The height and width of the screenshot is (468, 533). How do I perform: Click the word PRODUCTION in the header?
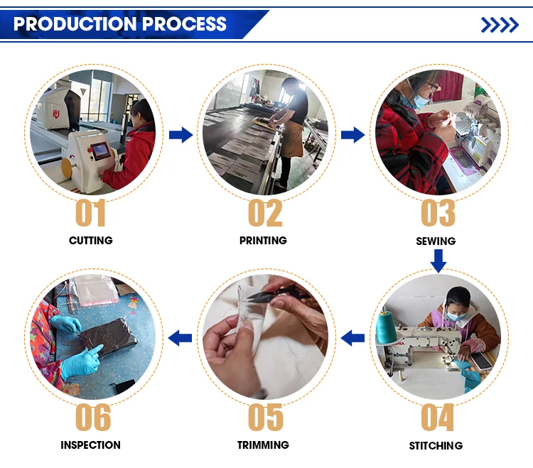click(x=75, y=23)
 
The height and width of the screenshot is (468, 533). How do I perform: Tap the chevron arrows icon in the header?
click(x=500, y=25)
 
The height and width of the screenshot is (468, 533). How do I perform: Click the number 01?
click(x=90, y=213)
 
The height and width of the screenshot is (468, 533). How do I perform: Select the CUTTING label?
click(x=91, y=241)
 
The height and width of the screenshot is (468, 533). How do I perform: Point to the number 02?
click(x=265, y=213)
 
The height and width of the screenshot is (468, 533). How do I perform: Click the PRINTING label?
click(x=263, y=241)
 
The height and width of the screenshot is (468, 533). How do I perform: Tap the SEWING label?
click(x=436, y=241)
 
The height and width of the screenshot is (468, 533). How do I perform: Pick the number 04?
click(x=438, y=417)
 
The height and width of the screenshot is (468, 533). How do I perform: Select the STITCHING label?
click(x=436, y=445)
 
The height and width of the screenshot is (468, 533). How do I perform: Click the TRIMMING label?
click(x=263, y=445)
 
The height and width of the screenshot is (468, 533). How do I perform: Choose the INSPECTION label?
click(x=90, y=445)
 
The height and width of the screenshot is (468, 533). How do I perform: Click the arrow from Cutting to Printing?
click(x=181, y=135)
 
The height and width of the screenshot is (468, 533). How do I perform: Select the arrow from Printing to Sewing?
click(x=352, y=135)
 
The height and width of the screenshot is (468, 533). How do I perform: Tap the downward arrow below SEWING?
click(x=438, y=261)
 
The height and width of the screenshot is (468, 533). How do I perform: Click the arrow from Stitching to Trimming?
click(x=352, y=338)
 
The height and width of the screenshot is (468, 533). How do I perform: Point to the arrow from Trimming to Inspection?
click(x=181, y=338)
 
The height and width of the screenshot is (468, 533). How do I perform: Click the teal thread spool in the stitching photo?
click(x=386, y=327)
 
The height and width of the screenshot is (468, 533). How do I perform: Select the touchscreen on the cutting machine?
click(x=101, y=151)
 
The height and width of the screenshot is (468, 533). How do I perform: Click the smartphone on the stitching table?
click(x=480, y=360)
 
